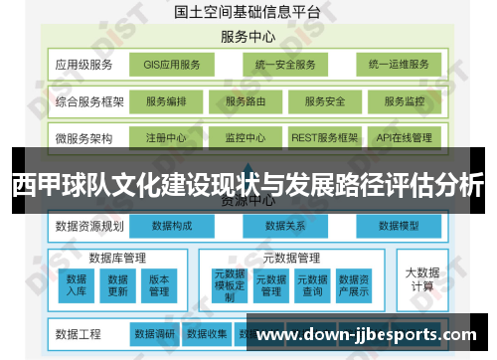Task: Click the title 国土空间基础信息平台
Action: (248, 13)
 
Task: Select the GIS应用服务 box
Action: (172, 66)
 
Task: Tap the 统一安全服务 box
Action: (284, 66)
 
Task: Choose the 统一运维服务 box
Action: (398, 66)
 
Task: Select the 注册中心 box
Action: (166, 137)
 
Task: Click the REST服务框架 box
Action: (325, 137)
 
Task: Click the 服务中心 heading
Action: (248, 37)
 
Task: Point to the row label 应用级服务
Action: (84, 66)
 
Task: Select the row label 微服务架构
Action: (84, 137)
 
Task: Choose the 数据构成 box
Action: (172, 226)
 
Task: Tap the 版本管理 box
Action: (159, 285)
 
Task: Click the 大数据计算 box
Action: (421, 278)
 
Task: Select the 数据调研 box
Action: (155, 333)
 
